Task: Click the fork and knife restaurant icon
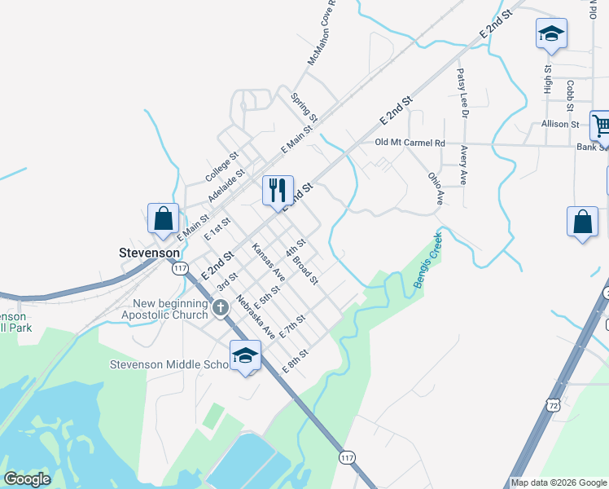[278, 190]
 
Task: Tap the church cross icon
[220, 308]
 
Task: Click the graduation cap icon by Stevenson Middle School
[244, 355]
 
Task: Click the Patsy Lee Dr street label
[462, 93]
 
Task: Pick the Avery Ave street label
[463, 165]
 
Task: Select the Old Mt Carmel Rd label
[410, 143]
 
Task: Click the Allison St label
[559, 125]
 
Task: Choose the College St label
[221, 166]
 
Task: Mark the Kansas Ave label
[268, 260]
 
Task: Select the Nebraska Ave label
[256, 316]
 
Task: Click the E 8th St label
[296, 361]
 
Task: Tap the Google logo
[27, 479]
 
